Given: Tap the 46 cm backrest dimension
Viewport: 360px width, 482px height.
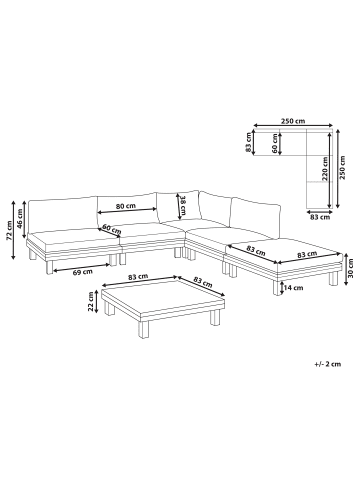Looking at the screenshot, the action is (20, 219).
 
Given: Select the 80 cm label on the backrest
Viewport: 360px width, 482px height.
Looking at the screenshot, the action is (126, 206).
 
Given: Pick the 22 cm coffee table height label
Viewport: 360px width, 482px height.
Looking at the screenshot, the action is (90, 302).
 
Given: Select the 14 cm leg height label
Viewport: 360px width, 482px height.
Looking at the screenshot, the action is (294, 287).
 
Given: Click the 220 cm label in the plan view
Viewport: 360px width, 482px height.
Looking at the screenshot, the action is (325, 169).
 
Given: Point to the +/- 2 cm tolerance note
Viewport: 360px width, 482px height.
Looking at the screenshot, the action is (327, 364).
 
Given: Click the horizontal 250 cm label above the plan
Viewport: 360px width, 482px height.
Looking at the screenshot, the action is (293, 121).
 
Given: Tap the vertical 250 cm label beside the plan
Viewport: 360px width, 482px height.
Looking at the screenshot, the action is (343, 168).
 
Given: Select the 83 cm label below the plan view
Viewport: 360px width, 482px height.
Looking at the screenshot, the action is (320, 217).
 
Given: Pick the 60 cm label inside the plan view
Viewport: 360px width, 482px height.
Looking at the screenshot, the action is (274, 143).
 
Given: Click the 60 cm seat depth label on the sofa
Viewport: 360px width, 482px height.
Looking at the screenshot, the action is (111, 229).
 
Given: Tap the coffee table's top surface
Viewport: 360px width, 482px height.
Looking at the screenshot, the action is (163, 296).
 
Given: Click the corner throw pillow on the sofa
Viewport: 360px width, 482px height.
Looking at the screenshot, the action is (179, 206).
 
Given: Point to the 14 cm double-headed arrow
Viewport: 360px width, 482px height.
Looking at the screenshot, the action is (282, 288).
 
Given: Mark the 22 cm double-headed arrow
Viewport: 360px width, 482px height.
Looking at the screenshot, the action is (97, 302).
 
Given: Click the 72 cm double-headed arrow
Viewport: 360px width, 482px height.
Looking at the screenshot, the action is (14, 230).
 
